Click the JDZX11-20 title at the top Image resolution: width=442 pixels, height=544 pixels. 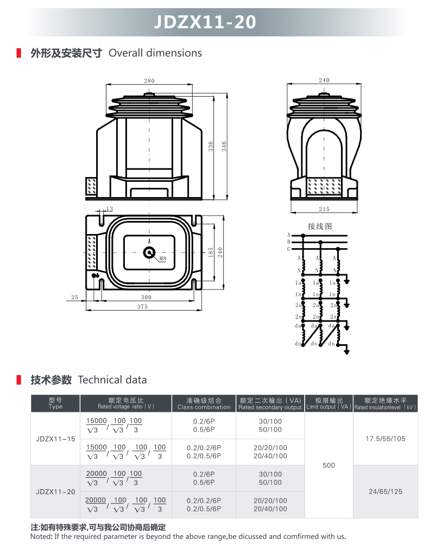tap(205, 22)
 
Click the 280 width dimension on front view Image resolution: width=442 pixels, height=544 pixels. tap(149, 81)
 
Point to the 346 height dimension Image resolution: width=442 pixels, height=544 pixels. tap(224, 146)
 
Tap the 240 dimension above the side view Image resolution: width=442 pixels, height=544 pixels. tap(324, 80)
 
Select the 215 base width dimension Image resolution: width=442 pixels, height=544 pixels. tap(324, 209)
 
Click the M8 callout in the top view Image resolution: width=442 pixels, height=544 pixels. tap(163, 258)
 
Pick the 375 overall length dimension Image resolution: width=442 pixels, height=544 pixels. tap(142, 307)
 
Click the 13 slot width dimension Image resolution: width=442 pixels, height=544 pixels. tap(110, 209)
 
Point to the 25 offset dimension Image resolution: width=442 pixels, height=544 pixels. tap(74, 298)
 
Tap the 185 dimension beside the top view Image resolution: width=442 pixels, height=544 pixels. tap(211, 252)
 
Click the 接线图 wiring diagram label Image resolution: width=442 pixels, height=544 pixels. tap(320, 226)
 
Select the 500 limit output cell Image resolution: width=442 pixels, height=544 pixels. tap(329, 465)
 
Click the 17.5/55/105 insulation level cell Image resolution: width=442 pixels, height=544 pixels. tap(386, 439)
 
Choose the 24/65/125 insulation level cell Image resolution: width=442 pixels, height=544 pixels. tap(386, 492)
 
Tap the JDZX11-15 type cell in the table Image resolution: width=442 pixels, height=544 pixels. tap(55, 439)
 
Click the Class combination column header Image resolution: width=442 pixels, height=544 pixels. tap(204, 407)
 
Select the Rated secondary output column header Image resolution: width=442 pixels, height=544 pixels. tap(270, 407)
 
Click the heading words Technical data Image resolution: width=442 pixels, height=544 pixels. tap(112, 380)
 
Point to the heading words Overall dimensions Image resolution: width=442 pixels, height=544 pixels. tap(155, 53)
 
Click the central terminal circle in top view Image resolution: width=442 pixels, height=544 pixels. tap(149, 252)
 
